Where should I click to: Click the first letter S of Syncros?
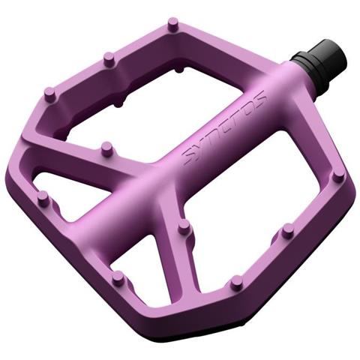(x=188, y=157)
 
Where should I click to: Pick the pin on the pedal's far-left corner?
(x=43, y=198)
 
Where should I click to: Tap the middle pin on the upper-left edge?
(x=109, y=59)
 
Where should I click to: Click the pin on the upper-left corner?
(x=50, y=94)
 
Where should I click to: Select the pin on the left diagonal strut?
(x=107, y=149)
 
